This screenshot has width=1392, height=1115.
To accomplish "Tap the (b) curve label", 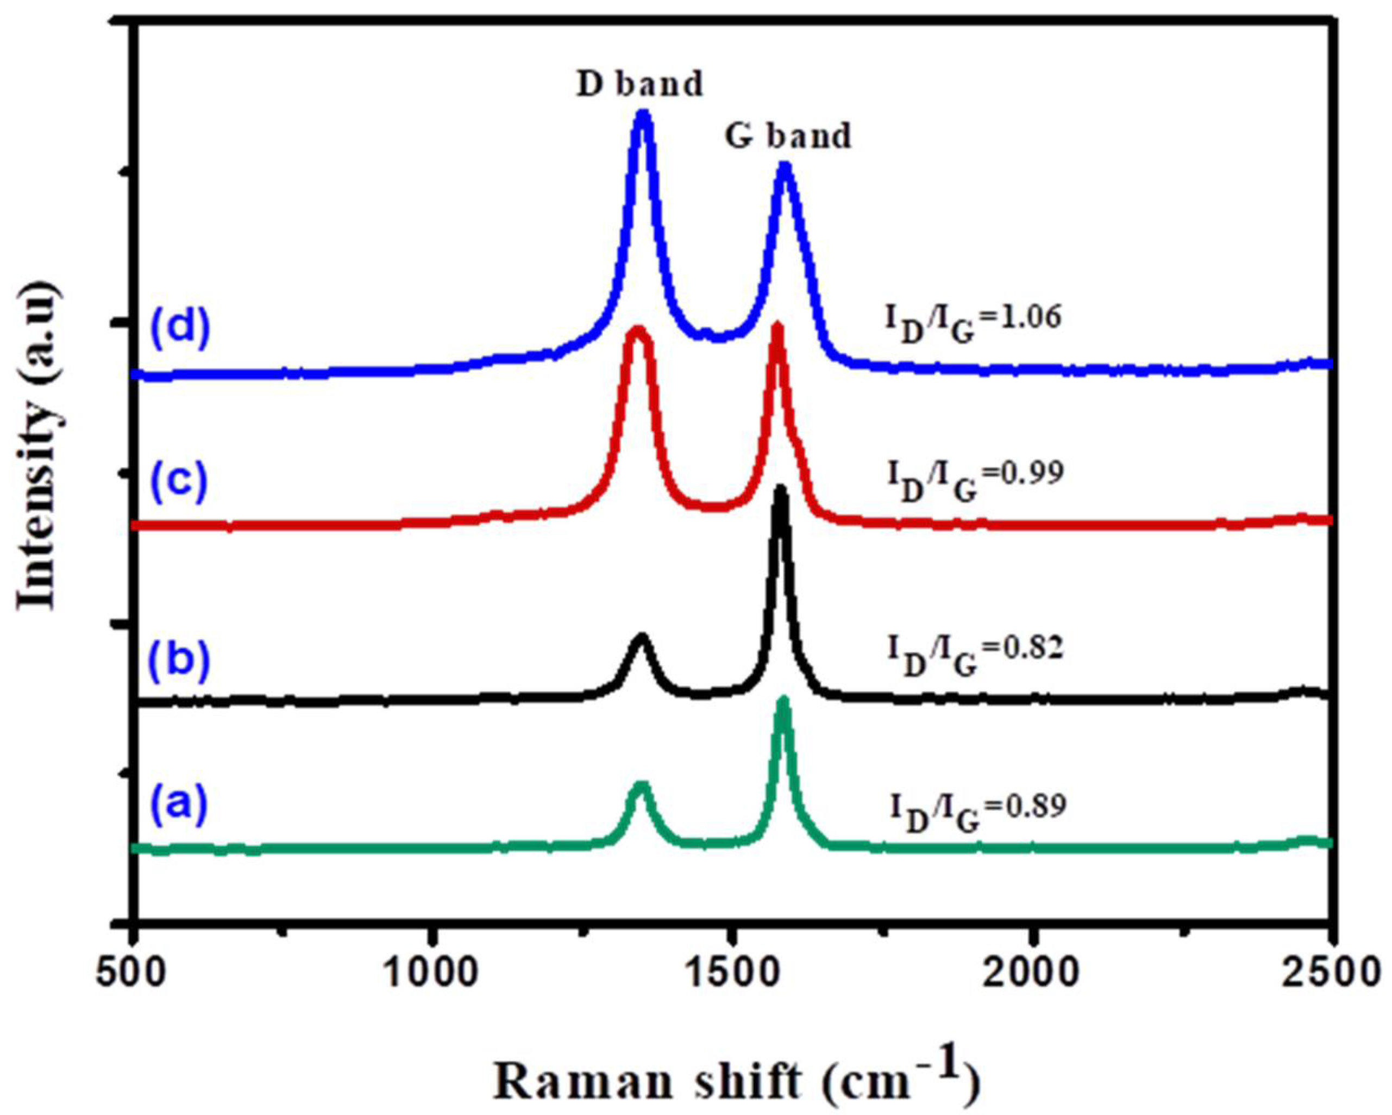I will coord(181,659).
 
